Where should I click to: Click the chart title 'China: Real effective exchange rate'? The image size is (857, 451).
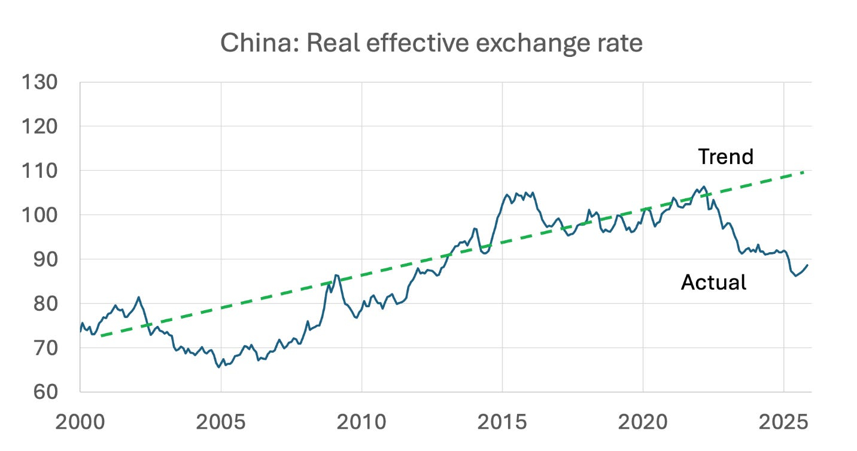coord(431,44)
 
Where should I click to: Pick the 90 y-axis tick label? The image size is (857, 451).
coord(45,259)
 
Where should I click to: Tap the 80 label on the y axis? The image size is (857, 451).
coord(45,304)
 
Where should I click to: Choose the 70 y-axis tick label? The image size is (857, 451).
coord(45,348)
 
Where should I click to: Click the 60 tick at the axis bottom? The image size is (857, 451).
coord(45,392)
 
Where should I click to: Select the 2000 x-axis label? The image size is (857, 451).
coord(80,422)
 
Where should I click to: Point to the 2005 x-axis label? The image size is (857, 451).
coord(221,422)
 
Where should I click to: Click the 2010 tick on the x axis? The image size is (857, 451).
coord(361,422)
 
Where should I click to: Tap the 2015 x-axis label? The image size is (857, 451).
coord(502,422)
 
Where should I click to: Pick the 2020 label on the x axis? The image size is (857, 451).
coord(643,422)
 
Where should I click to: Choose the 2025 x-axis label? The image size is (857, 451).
coord(783,422)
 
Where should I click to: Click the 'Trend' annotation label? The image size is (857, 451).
coord(725,156)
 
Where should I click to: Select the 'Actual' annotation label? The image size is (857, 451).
coord(713,282)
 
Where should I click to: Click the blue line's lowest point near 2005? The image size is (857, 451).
coord(218,367)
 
